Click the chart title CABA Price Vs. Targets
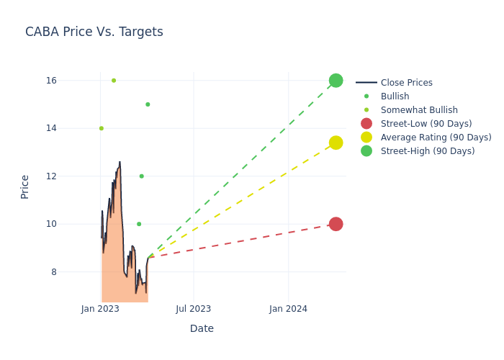(x=94, y=32)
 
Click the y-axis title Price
(x=25, y=186)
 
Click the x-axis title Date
(x=202, y=328)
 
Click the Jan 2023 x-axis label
(x=100, y=309)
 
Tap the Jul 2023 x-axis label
(x=194, y=309)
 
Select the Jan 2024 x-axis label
(x=288, y=309)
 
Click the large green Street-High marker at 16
(x=336, y=81)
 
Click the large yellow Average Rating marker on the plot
(x=336, y=143)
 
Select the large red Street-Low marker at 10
(x=336, y=224)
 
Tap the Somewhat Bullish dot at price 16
(x=114, y=81)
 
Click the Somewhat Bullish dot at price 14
(x=102, y=128)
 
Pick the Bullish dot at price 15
(x=148, y=104)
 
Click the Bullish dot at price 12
(x=142, y=176)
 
